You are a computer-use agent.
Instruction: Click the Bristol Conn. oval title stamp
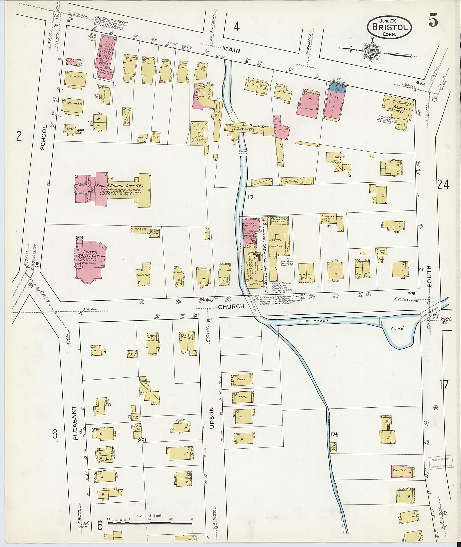coord(389,27)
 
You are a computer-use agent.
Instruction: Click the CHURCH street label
coord(231,306)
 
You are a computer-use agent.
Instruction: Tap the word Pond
coord(397,328)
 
